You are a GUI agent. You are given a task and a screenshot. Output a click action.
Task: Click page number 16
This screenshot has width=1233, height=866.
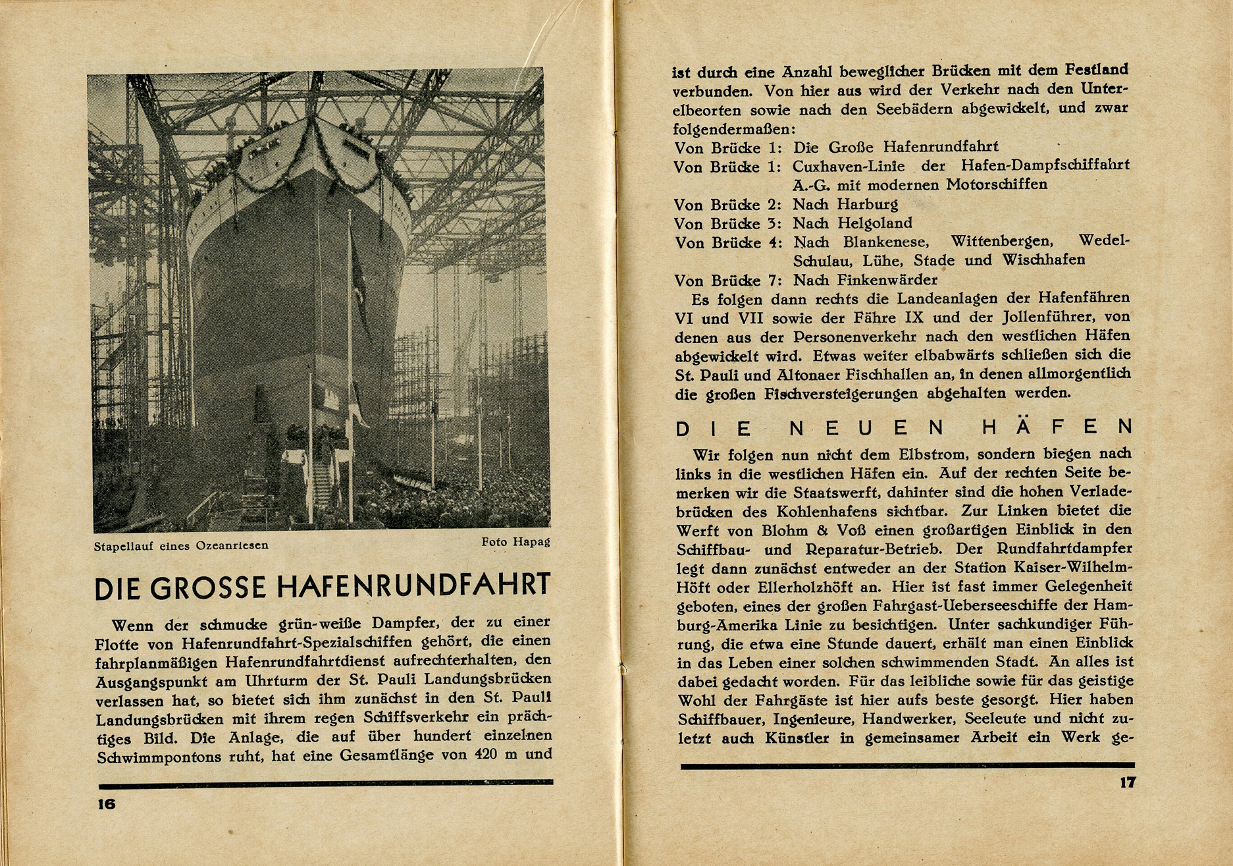pyautogui.click(x=107, y=804)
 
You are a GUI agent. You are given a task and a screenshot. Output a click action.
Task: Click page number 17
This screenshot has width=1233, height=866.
pyautogui.click(x=1127, y=783)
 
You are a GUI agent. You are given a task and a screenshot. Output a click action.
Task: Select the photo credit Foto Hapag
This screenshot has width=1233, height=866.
pyautogui.click(x=515, y=542)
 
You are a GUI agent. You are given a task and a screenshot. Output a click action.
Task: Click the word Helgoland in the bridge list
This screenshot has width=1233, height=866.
pyautogui.click(x=875, y=223)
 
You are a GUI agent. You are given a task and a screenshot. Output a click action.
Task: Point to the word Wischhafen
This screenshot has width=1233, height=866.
pyautogui.click(x=1043, y=260)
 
